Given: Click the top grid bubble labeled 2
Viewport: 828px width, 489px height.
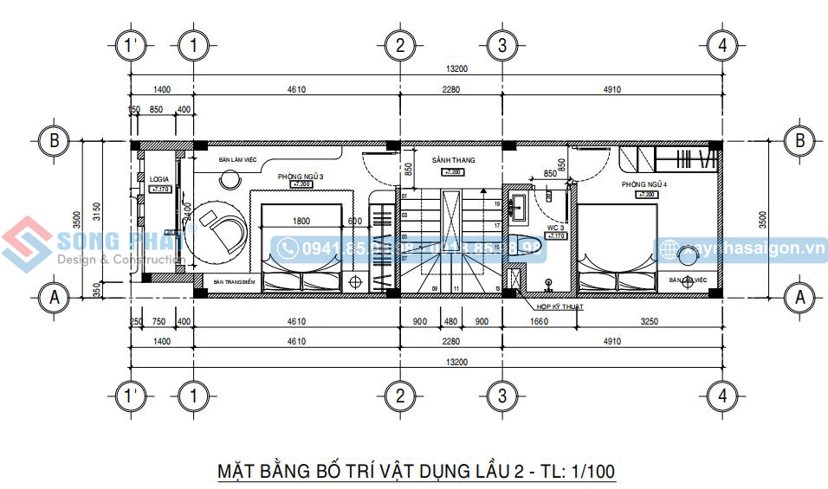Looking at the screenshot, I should tap(399, 44).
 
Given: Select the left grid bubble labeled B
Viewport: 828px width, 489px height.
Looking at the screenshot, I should tap(55, 140).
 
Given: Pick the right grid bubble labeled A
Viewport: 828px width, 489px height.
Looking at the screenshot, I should tap(798, 297).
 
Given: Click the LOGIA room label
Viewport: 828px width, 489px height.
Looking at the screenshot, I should tap(159, 179).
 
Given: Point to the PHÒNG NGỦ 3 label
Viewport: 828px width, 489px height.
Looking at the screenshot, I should tap(301, 177).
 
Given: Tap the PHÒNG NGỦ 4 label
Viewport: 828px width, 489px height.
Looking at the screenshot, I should tap(644, 185).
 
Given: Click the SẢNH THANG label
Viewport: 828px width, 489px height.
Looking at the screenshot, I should tap(453, 161).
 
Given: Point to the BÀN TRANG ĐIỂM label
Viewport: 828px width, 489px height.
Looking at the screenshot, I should tap(234, 281).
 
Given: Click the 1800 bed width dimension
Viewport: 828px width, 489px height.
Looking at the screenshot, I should tap(301, 222).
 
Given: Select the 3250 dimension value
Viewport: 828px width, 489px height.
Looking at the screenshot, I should tap(649, 322).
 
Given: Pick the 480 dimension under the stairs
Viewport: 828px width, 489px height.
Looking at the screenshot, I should tap(450, 322).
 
